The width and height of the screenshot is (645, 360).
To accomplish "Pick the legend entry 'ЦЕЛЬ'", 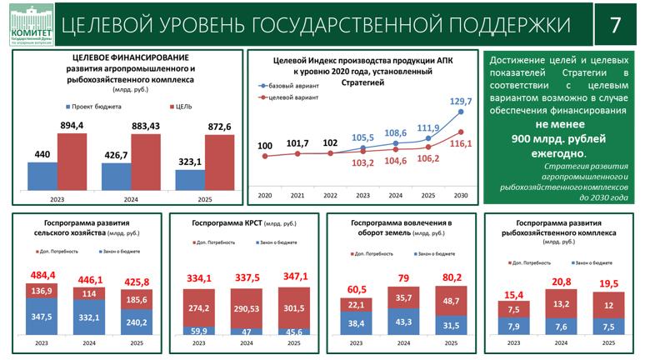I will pos(186,107).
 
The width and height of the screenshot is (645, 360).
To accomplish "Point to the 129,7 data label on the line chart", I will pos(461,101).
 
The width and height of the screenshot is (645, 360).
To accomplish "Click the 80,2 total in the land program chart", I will pos(451,277).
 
